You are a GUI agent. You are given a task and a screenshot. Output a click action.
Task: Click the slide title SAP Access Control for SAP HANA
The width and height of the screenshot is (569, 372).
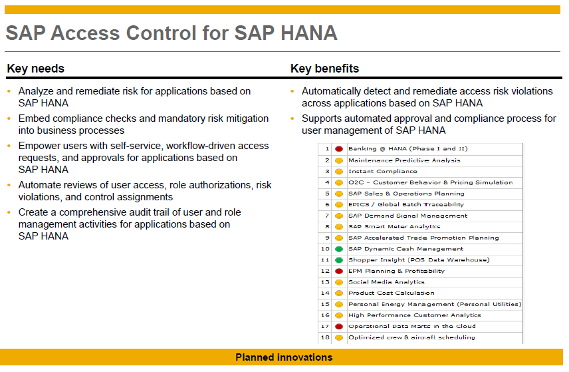pos(171,33)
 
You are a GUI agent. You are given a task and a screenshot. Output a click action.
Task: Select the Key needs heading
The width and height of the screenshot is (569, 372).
pos(35,69)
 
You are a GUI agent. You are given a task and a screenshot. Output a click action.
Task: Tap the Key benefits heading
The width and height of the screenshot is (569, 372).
pos(324,69)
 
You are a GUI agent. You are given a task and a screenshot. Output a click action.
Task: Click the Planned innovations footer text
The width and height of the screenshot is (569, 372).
pos(284,357)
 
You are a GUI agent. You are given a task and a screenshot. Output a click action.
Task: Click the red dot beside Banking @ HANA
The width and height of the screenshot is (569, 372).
pos(339,149)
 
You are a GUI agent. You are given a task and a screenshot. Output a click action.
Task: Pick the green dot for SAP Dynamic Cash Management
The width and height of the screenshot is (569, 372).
pos(339,249)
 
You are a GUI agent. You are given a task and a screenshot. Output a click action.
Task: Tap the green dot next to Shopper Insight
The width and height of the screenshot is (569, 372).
pos(339,260)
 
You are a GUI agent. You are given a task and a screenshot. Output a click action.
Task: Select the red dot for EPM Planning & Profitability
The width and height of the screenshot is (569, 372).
pos(339,271)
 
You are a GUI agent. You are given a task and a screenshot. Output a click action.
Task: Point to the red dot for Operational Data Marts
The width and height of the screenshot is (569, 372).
pos(339,327)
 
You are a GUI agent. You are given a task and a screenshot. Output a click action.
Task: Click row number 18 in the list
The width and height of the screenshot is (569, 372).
pos(326,337)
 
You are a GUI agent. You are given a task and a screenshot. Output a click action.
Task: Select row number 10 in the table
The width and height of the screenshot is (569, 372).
pos(326,249)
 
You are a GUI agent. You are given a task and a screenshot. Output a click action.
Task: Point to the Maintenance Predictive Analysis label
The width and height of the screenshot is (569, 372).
pos(403,160)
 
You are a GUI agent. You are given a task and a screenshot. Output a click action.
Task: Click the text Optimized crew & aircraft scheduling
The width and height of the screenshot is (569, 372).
pos(411,337)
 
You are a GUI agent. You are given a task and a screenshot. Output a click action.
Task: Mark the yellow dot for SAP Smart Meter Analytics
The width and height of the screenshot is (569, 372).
pos(339,227)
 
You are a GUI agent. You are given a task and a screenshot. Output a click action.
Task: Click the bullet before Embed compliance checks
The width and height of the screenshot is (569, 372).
pos(9,119)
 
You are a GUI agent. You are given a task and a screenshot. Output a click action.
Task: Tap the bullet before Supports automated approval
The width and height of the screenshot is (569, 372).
pos(292,119)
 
